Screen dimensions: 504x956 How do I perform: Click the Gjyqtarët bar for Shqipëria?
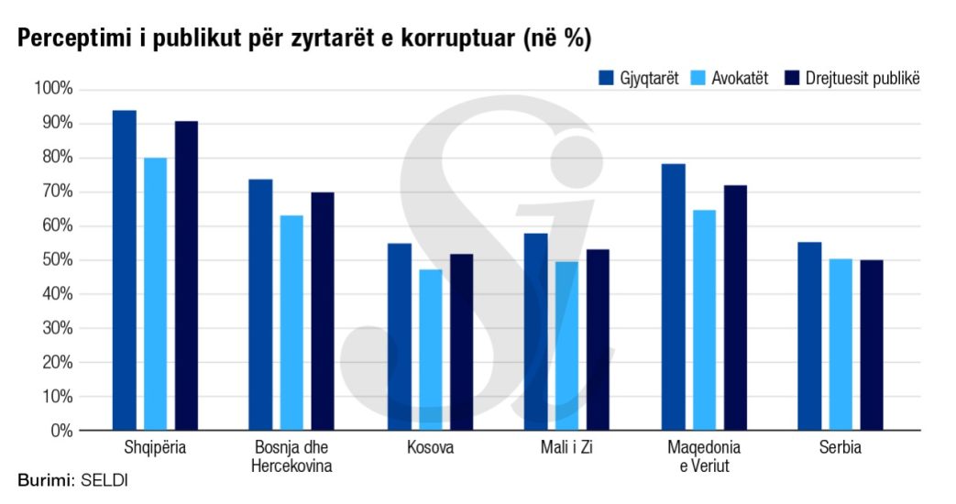coord(124,270)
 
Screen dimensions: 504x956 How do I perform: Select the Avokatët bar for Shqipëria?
coord(155,294)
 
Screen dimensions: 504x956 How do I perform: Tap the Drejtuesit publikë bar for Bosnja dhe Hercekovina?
coord(323,312)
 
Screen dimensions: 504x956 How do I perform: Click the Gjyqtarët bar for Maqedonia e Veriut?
coord(673,297)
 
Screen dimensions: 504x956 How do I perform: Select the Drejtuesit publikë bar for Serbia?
coord(872,345)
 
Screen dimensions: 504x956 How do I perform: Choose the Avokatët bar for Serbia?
coord(841,345)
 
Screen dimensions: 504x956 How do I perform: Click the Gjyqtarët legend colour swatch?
coord(605,78)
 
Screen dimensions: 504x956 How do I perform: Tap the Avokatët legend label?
coord(740,78)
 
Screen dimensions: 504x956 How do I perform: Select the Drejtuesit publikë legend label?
coord(863,78)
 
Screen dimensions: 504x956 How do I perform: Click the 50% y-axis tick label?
coord(56,260)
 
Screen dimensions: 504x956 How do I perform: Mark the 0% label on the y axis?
coord(60,431)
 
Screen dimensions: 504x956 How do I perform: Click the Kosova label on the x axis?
coord(430,449)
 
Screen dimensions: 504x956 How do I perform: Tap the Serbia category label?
coord(841,449)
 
